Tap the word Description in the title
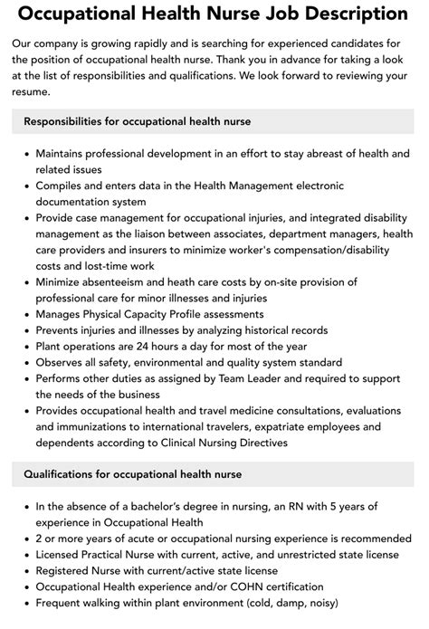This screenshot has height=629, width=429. pyautogui.click(x=352, y=14)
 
